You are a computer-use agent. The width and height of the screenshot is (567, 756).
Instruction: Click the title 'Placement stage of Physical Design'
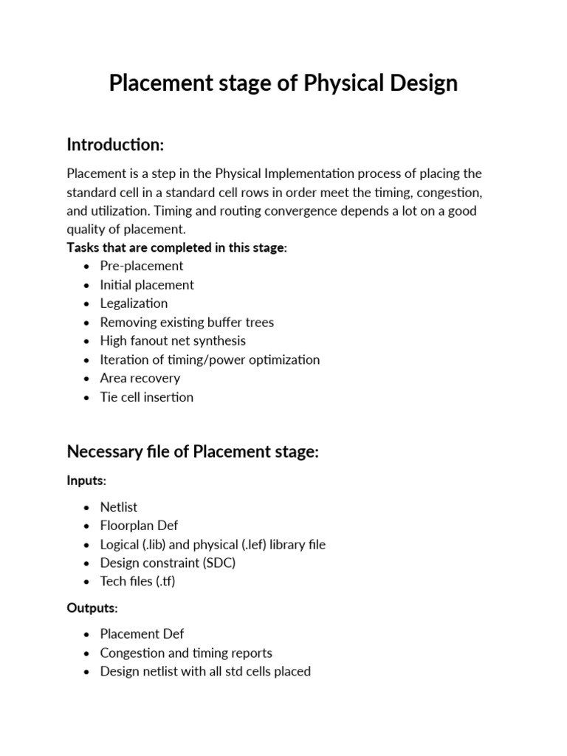[283, 83]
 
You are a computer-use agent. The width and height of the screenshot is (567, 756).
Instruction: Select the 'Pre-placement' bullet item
[142, 266]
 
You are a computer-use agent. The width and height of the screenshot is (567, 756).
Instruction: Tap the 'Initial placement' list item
[147, 285]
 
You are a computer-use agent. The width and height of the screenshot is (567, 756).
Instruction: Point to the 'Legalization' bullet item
[134, 303]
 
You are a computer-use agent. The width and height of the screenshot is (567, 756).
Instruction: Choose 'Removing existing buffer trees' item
[187, 323]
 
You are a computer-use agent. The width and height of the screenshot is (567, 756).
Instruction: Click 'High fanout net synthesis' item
[173, 341]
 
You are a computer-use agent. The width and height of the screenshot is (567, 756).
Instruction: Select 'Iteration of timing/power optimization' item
[210, 360]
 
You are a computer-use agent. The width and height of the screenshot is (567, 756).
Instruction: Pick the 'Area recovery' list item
[140, 379]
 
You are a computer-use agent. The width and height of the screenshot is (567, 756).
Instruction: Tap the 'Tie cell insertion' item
[147, 397]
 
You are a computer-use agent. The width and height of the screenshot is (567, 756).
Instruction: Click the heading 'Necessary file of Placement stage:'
[193, 451]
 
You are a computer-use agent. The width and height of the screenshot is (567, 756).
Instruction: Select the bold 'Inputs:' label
[86, 481]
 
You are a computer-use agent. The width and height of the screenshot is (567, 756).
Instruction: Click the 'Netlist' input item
[119, 507]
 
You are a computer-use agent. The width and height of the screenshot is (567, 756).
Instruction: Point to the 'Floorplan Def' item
[139, 526]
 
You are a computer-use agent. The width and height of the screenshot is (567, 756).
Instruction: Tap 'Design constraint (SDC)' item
[168, 563]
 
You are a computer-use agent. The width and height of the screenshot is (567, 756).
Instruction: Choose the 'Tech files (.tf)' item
[137, 582]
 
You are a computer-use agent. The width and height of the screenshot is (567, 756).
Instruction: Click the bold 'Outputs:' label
[92, 608]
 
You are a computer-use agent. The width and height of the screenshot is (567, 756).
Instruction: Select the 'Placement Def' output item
[142, 634]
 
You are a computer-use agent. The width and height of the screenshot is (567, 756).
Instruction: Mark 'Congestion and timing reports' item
[186, 653]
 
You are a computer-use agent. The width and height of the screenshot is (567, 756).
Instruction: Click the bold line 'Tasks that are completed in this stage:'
[176, 247]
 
